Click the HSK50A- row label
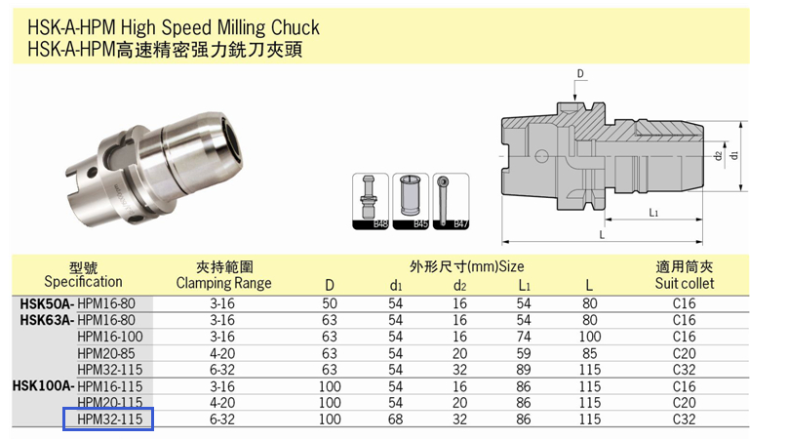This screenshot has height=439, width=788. [47, 303]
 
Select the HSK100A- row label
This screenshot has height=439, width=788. [43, 386]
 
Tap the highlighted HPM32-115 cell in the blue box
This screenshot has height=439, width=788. [109, 419]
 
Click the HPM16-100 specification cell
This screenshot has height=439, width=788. [109, 337]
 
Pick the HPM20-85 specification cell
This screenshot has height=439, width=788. [106, 353]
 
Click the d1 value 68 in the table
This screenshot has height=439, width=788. [396, 419]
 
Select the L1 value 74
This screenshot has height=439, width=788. [524, 337]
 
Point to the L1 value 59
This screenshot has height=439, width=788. [524, 353]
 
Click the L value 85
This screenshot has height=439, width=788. [589, 353]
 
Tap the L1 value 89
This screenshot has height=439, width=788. [524, 370]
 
